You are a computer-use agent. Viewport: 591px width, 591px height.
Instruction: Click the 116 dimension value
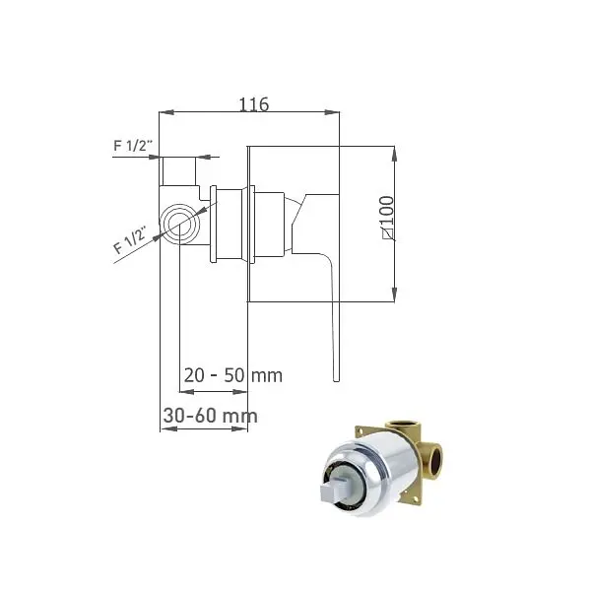[x=254, y=104]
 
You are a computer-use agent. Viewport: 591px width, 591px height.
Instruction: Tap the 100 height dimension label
[x=387, y=217]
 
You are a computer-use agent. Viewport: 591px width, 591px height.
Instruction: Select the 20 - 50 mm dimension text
[x=232, y=375]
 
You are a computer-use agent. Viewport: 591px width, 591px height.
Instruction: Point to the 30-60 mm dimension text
[x=211, y=416]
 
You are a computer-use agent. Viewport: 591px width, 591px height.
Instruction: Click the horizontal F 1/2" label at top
[x=133, y=145]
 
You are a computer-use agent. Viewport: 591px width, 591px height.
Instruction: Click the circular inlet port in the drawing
[x=179, y=224]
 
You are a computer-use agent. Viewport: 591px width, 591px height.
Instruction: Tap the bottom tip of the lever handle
[x=336, y=380]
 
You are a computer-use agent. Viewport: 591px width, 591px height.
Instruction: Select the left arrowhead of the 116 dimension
[x=166, y=112]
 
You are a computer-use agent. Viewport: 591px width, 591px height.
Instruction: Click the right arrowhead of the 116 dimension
[x=332, y=112]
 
